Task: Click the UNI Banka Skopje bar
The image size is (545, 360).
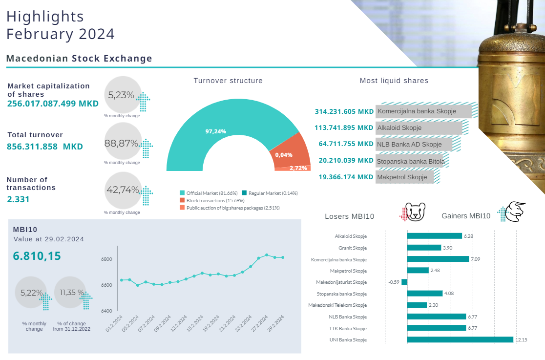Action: pyautogui.click(x=460, y=339)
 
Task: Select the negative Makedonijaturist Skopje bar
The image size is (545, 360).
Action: pyautogui.click(x=404, y=282)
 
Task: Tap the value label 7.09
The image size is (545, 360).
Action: pyautogui.click(x=476, y=259)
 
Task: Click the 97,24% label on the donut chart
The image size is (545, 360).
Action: pyautogui.click(x=216, y=131)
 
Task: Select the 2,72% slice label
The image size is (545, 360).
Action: pyautogui.click(x=298, y=168)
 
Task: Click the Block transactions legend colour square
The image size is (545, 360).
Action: pyautogui.click(x=182, y=200)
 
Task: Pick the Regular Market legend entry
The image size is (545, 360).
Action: pyautogui.click(x=272, y=193)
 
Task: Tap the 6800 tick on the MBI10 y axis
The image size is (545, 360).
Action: pyautogui.click(x=106, y=259)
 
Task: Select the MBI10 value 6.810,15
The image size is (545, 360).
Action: pyautogui.click(x=37, y=255)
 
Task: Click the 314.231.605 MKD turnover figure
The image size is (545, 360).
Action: pyautogui.click(x=344, y=111)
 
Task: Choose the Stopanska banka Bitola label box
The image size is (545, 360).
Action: pyautogui.click(x=410, y=160)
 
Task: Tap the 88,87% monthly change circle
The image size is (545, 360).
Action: pyautogui.click(x=123, y=143)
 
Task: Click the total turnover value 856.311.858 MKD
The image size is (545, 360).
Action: pyautogui.click(x=45, y=147)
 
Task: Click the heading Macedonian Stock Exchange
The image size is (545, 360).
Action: pyautogui.click(x=79, y=59)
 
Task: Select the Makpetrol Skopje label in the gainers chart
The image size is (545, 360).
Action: pyautogui.click(x=348, y=271)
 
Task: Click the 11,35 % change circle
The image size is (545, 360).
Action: pyautogui.click(x=70, y=293)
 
